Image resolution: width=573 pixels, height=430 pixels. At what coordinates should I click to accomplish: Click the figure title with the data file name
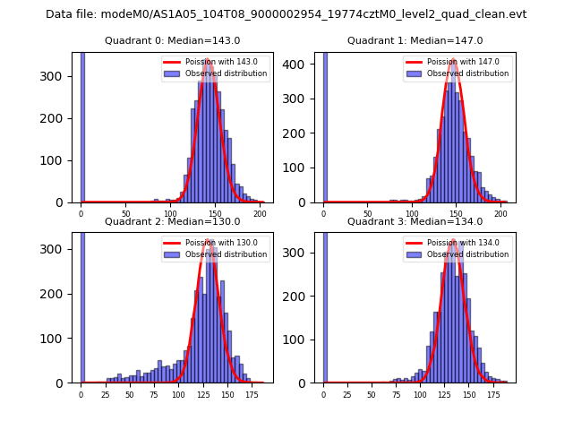tap(286, 14)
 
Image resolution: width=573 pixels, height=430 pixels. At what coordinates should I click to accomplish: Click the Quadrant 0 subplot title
tap(172, 41)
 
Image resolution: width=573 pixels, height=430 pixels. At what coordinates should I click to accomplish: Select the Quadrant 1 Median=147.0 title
tap(415, 41)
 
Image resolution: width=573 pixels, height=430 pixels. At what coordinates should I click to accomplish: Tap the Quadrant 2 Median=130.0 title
tap(172, 221)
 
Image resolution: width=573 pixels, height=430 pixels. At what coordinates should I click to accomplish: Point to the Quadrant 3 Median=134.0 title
tap(415, 221)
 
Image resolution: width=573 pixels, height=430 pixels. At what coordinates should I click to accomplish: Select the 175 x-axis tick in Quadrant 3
tap(492, 395)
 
